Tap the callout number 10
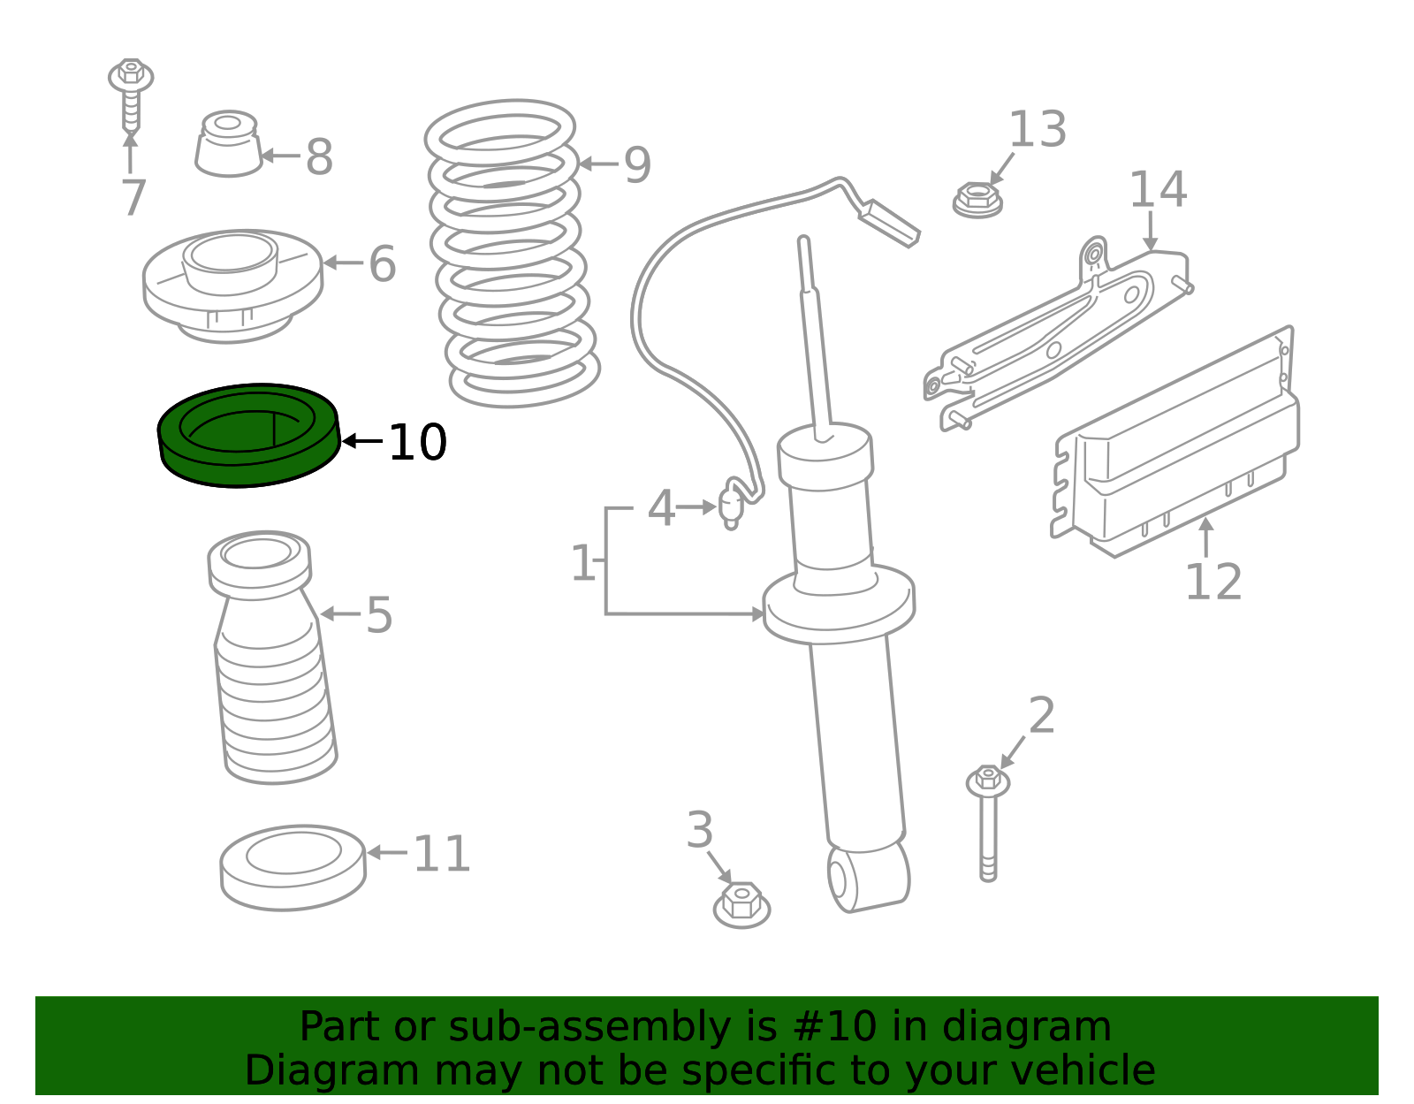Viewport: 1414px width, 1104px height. point(418,442)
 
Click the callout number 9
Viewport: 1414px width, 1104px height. point(637,164)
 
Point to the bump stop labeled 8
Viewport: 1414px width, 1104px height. point(228,144)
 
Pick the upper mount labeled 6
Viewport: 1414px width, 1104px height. point(232,286)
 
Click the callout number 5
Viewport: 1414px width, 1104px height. point(379,615)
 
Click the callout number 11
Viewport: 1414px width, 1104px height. point(442,854)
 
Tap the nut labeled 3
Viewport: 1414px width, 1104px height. point(741,904)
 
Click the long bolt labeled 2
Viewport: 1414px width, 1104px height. point(988,823)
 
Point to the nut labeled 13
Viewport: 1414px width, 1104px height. point(977,201)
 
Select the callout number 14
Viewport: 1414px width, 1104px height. point(1159,189)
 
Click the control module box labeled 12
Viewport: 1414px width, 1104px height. point(1175,442)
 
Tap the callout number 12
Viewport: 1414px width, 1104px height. point(1213,582)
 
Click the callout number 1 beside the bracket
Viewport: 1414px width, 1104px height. point(582,562)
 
